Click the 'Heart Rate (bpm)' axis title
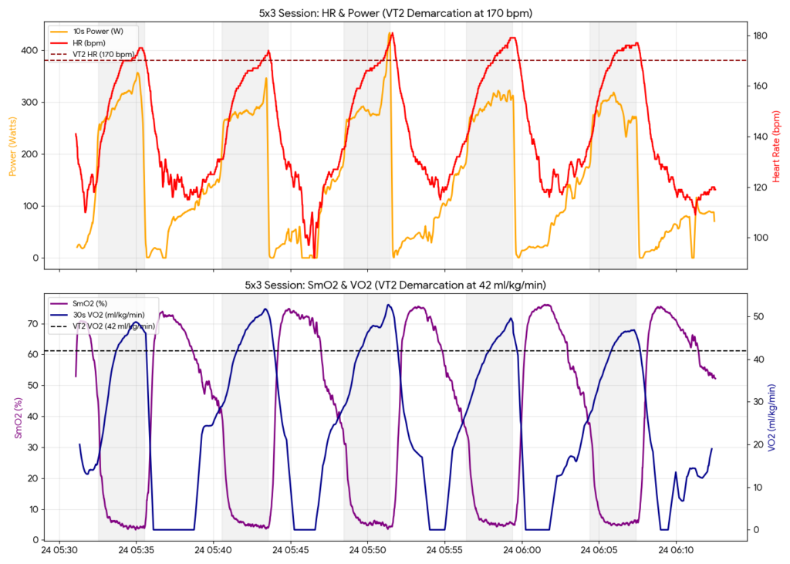click(777, 146)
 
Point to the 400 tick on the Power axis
click(29, 50)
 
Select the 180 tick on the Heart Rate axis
click(760, 35)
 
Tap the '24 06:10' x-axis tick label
click(676, 551)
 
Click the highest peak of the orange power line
click(390, 35)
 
